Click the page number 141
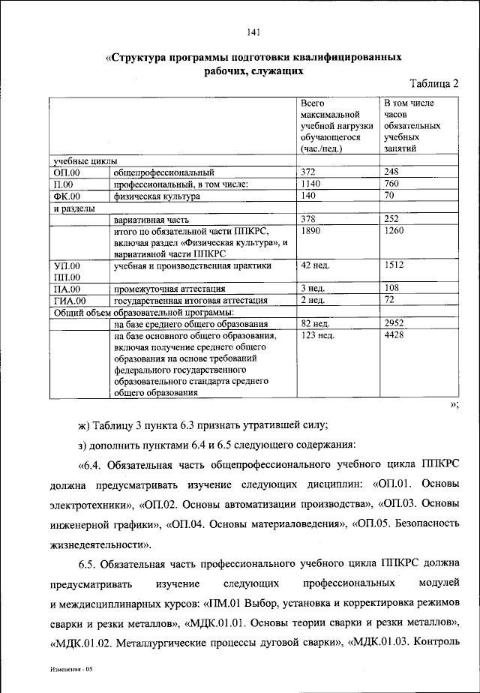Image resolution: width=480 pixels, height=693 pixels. coord(252,31)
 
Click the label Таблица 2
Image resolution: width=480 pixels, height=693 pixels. coord(437,84)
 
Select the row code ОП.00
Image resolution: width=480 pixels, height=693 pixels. coord(67,173)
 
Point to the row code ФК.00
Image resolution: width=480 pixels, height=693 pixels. coord(67,196)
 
